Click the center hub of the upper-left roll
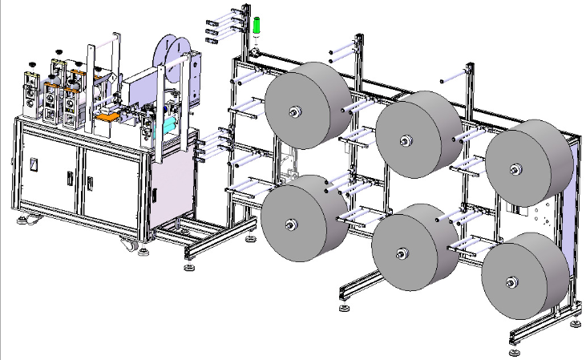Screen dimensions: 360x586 tap(295, 113)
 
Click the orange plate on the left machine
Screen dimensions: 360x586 tap(107, 115)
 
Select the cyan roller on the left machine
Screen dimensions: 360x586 tap(169, 125)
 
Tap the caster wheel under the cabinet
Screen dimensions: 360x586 tap(127, 243)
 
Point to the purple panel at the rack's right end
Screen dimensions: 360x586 tap(572, 224)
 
